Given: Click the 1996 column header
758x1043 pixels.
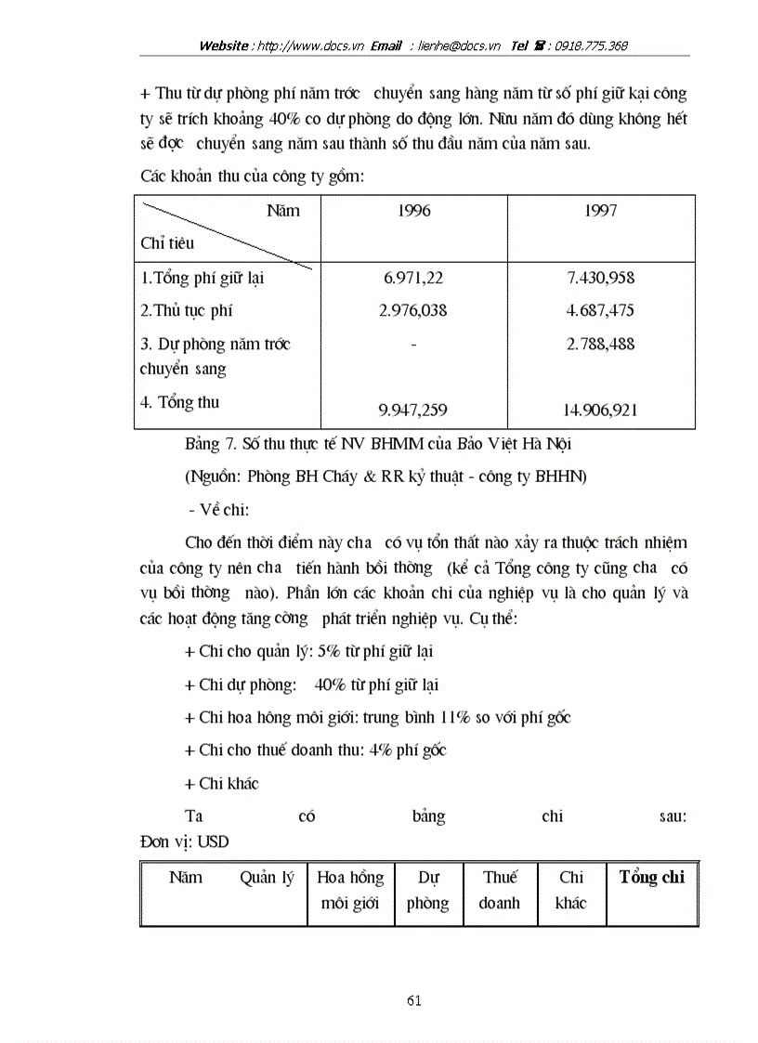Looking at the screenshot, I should click(412, 211).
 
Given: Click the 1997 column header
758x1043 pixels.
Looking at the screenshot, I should click(601, 211).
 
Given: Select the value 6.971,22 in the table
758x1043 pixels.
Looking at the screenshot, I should click(412, 278).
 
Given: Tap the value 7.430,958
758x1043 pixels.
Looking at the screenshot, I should click(600, 278).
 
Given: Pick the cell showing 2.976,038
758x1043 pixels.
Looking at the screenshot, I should click(412, 310).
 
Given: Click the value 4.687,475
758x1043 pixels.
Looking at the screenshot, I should click(600, 310).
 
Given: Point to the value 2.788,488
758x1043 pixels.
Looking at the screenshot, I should click(600, 344).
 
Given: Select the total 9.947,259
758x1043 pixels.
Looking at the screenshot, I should click(412, 410).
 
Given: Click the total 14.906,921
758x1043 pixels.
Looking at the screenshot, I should click(600, 410).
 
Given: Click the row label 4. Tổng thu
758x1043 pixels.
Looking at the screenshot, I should click(180, 402).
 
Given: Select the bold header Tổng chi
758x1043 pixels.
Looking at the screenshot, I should click(651, 878).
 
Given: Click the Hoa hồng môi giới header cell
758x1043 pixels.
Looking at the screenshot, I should click(350, 890).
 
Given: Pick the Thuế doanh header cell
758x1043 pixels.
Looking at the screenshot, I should click(499, 890).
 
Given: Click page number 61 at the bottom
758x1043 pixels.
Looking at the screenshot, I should click(414, 1000).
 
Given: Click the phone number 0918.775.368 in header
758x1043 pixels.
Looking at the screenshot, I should click(591, 46).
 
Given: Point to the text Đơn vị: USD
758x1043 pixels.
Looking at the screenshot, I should click(184, 841).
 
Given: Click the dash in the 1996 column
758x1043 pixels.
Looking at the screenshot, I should click(412, 345).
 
